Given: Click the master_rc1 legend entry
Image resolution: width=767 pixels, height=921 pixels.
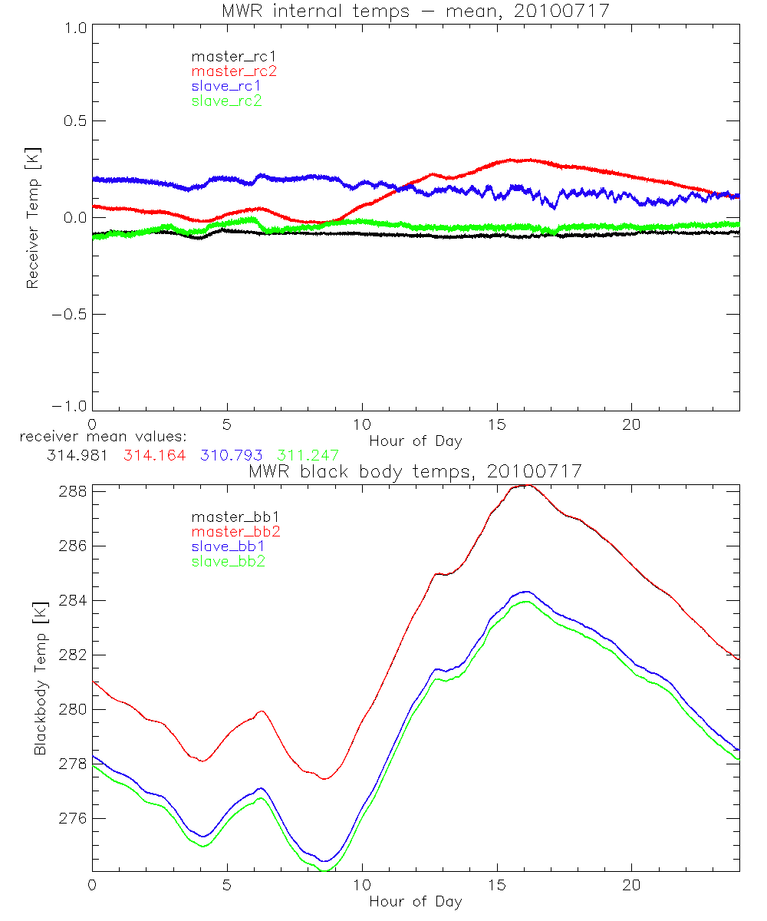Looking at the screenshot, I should click(226, 56).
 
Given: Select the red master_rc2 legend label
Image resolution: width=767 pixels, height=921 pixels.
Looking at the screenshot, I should click(234, 71).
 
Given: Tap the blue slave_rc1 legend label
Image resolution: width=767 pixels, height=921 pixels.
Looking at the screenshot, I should click(226, 86).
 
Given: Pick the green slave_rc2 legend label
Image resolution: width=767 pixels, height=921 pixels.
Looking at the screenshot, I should click(226, 101).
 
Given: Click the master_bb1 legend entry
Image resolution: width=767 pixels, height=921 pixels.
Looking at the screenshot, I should click(229, 517).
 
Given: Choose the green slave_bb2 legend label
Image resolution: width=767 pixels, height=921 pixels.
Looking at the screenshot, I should click(229, 562).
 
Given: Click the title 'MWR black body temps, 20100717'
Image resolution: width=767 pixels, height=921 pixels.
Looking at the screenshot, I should click(415, 471).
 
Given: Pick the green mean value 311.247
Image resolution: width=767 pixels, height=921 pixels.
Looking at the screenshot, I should click(308, 455).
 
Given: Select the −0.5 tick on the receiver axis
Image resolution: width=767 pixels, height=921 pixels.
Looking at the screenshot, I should click(67, 315).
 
